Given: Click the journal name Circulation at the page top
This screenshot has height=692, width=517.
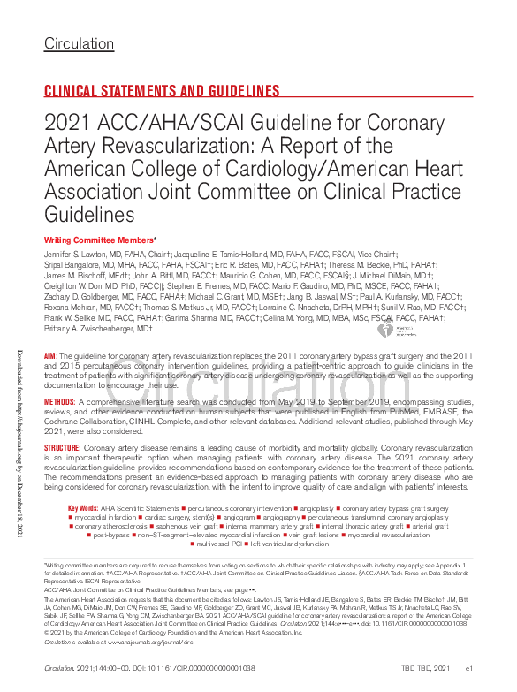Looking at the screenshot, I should (x=79, y=43).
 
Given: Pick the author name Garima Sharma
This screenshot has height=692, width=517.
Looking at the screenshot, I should (x=197, y=317).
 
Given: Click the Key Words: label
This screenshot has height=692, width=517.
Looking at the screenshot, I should (x=84, y=508).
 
